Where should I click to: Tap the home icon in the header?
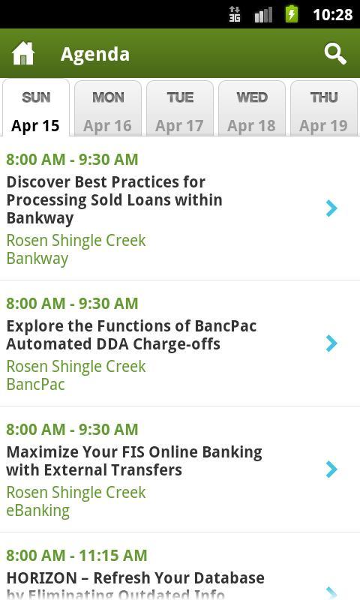[x=23, y=53]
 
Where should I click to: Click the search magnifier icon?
[x=335, y=53]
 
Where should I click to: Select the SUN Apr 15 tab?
[x=35, y=110]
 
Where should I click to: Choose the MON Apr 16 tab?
[x=107, y=110]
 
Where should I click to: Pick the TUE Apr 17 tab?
[x=179, y=110]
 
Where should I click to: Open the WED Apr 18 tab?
[x=251, y=110]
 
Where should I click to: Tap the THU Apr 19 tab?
[x=323, y=110]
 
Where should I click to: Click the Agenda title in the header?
[x=95, y=54]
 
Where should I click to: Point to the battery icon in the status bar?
[x=292, y=14]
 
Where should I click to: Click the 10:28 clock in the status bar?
[x=332, y=14]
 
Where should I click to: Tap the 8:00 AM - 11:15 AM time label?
[x=76, y=555]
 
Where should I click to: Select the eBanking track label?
[x=37, y=510]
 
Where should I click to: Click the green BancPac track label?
[x=35, y=384]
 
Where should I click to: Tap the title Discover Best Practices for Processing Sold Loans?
[x=114, y=199]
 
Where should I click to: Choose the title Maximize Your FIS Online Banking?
[x=134, y=460]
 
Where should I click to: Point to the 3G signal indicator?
[x=235, y=14]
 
